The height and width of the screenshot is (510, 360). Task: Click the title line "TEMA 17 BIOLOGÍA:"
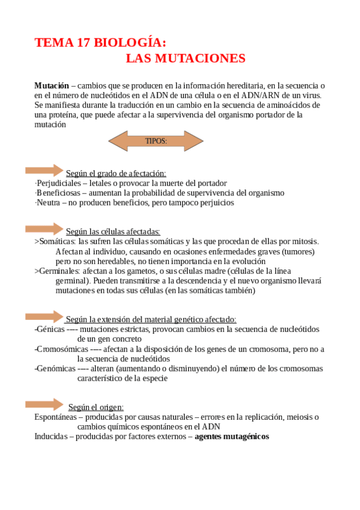(x=100, y=43)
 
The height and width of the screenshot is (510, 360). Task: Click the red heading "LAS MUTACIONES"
(x=186, y=58)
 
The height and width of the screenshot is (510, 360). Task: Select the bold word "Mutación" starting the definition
(x=52, y=86)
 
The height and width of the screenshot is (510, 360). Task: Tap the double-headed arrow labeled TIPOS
(x=156, y=141)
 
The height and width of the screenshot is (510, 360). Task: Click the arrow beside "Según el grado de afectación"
(x=44, y=170)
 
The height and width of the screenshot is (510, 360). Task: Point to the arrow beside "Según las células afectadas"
(x=44, y=229)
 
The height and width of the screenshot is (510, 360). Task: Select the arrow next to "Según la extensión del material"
(x=44, y=316)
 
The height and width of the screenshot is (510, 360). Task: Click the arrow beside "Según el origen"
(x=44, y=404)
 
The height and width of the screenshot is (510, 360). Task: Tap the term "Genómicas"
(x=55, y=369)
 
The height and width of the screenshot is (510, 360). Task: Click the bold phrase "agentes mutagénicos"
(x=231, y=437)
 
